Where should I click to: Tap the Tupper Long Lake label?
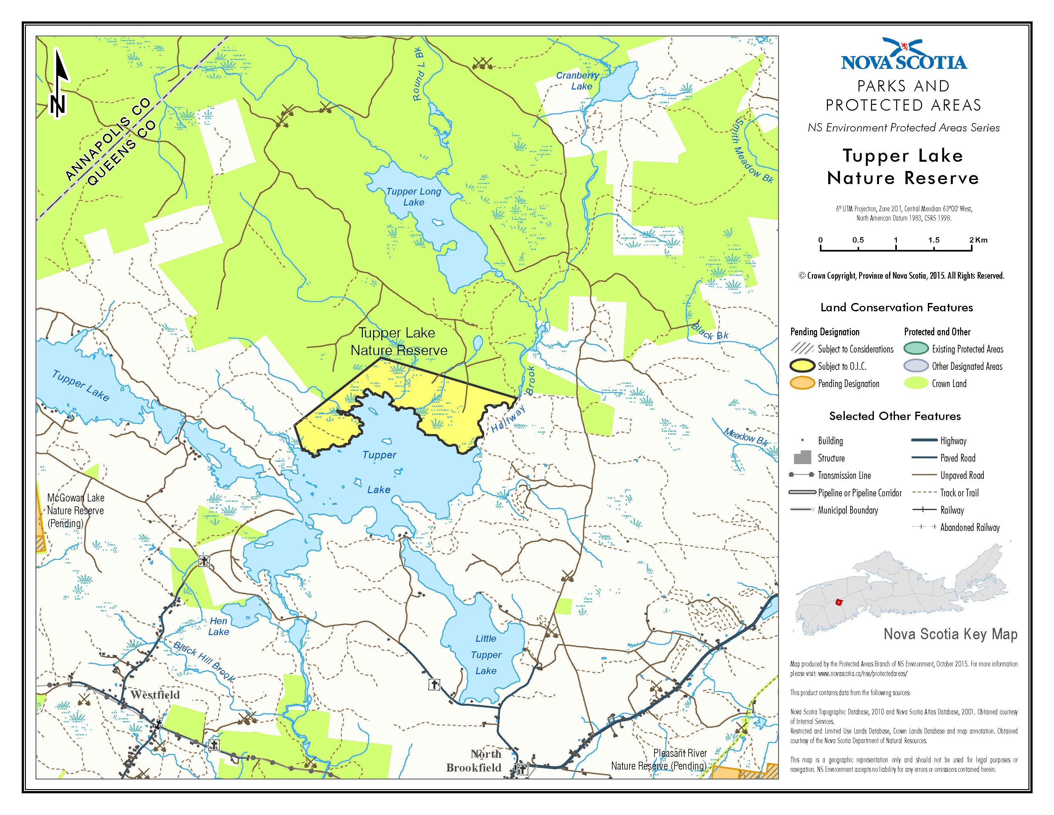[414, 197]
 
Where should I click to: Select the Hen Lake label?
[218, 626]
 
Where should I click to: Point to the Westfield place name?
[155, 695]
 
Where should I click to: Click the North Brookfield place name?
[474, 761]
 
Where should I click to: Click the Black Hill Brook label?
[204, 662]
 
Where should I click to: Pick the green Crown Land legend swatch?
[915, 383]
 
